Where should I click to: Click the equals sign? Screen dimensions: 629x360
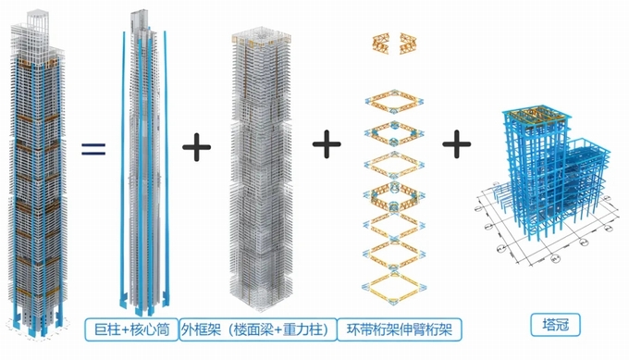click(x=93, y=149)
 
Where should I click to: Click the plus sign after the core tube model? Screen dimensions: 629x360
click(x=196, y=147)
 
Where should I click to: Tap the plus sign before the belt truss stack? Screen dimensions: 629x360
click(x=327, y=143)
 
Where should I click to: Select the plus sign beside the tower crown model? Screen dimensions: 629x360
click(x=457, y=143)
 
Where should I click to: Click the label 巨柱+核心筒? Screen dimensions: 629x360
click(x=131, y=329)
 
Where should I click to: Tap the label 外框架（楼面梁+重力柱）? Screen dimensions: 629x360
click(x=258, y=329)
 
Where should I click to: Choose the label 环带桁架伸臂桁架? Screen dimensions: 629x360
click(x=400, y=329)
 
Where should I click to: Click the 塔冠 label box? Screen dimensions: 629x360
click(x=556, y=325)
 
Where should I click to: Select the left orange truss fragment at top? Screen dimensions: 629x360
click(x=381, y=43)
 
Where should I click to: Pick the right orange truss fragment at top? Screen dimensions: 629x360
click(x=408, y=43)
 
